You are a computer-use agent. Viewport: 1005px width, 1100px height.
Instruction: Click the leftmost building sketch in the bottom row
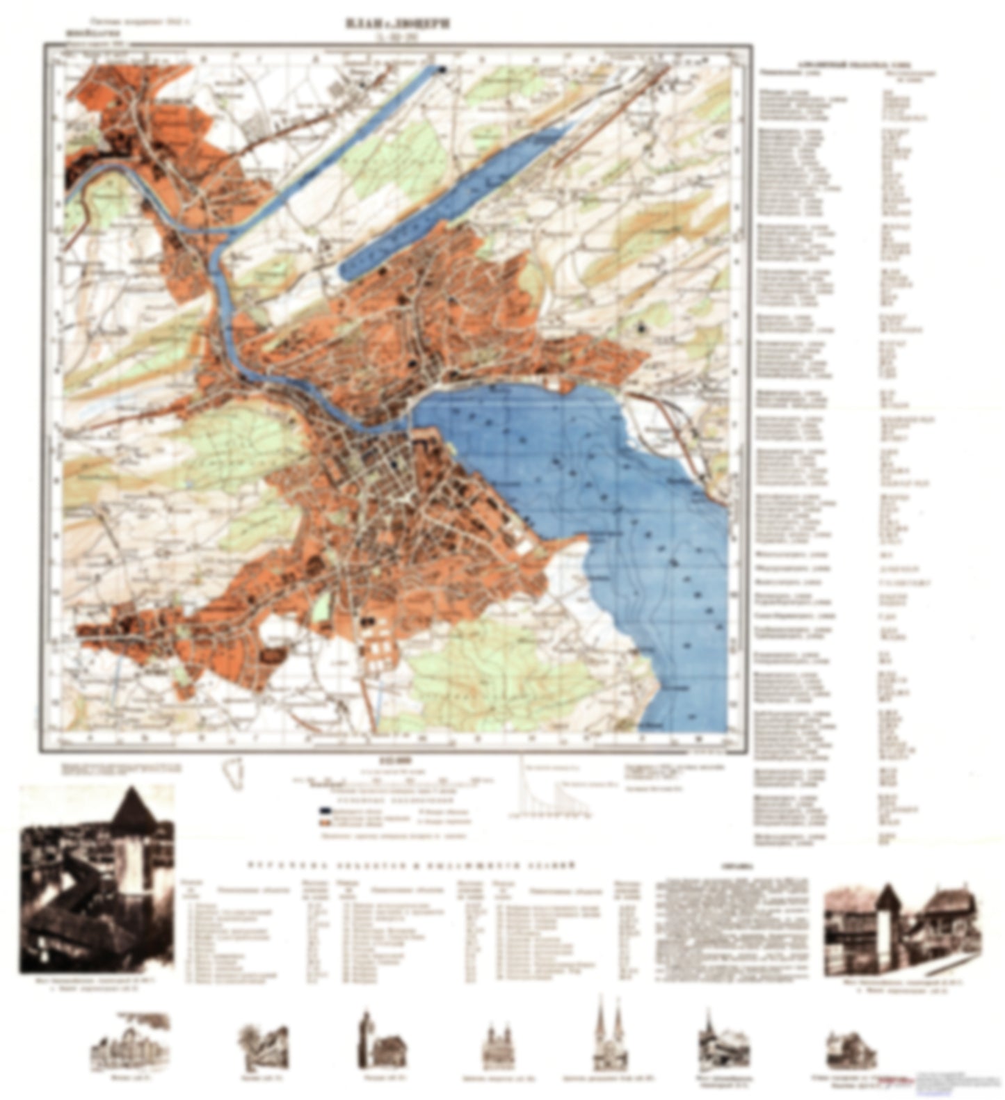[130, 1041]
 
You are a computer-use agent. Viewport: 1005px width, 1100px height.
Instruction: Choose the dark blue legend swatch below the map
[325, 811]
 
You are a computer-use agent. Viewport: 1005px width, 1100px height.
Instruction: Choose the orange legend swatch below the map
[325, 822]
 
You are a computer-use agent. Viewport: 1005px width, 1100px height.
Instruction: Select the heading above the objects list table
[410, 865]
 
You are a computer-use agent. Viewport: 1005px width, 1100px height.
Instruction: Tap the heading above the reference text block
[731, 867]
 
